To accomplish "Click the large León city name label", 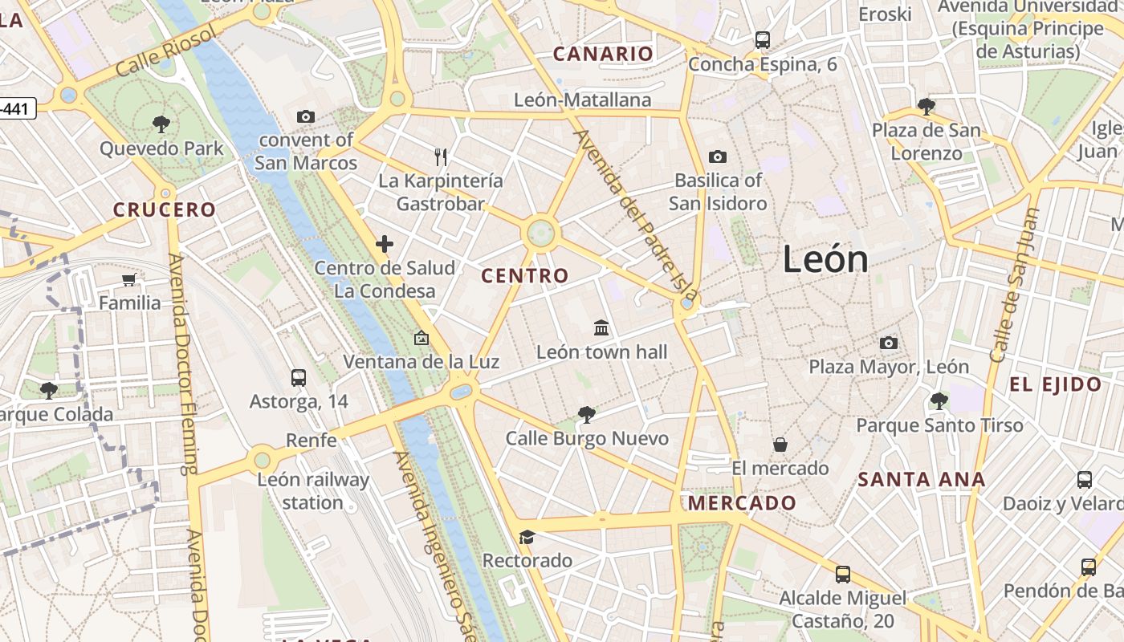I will [825, 259].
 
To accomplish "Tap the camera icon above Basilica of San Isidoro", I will [717, 156].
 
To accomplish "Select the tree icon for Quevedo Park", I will [161, 124].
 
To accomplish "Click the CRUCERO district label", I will [165, 210].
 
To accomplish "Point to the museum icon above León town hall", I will [601, 327].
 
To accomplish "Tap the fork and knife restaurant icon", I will [440, 156].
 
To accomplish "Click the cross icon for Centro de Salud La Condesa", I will [385, 244].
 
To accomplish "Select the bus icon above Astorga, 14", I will [299, 377].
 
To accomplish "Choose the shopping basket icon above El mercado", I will [780, 445].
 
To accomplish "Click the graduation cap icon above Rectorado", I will [527, 537].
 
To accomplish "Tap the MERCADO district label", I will [743, 504].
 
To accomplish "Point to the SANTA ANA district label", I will [921, 480].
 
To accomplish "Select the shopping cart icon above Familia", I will [129, 279].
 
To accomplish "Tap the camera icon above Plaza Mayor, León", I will [888, 343].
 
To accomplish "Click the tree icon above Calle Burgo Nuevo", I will [586, 414].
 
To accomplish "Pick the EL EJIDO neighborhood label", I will [1056, 384].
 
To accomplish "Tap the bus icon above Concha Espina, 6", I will [762, 39].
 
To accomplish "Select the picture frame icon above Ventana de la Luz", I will [421, 338].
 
